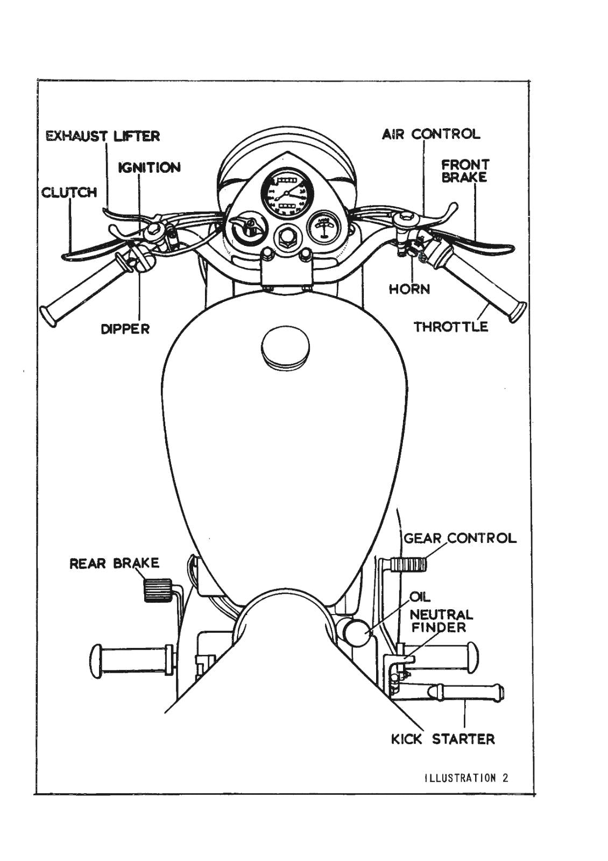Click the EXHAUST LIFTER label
[103, 136]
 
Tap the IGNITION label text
[150, 167]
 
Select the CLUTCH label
[69, 192]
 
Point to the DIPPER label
[125, 328]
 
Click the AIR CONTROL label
[431, 134]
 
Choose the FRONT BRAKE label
[464, 171]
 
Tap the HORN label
[409, 289]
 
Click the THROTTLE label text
[451, 327]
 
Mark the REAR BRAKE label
[115, 563]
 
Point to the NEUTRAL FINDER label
[441, 620]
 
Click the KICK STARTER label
[443, 739]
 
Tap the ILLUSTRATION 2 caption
[466, 778]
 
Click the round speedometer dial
[286, 192]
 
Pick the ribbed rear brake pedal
[157, 590]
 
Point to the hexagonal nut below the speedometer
[285, 237]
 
